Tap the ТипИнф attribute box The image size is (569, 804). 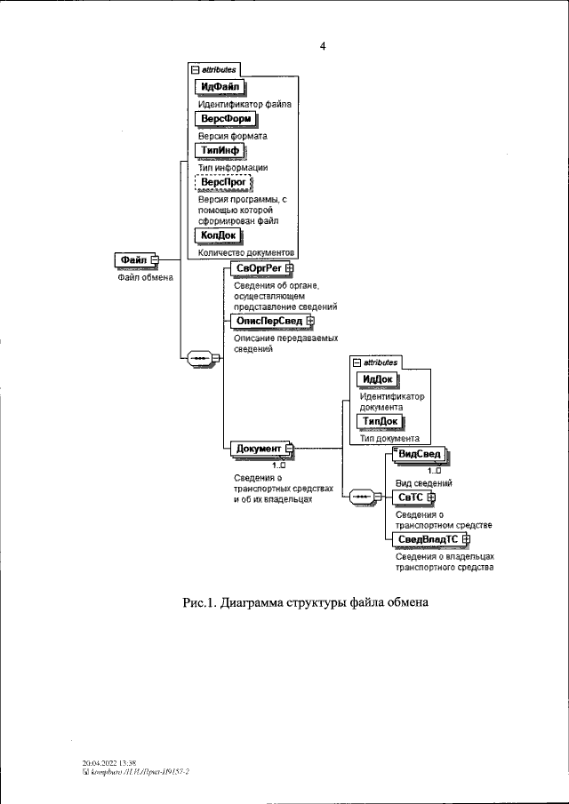pyautogui.click(x=217, y=151)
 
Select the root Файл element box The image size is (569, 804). pyautogui.click(x=134, y=259)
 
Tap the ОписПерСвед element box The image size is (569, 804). pyautogui.click(x=268, y=320)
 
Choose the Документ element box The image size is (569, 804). pyautogui.click(x=259, y=449)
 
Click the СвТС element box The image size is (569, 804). pyautogui.click(x=411, y=497)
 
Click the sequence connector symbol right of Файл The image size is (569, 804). pyautogui.click(x=196, y=357)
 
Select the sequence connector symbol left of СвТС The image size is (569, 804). pyautogui.click(x=365, y=498)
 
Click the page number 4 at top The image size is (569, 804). pyautogui.click(x=323, y=48)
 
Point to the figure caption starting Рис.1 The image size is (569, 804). pyautogui.click(x=306, y=603)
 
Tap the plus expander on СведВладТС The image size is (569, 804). pyautogui.click(x=467, y=539)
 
